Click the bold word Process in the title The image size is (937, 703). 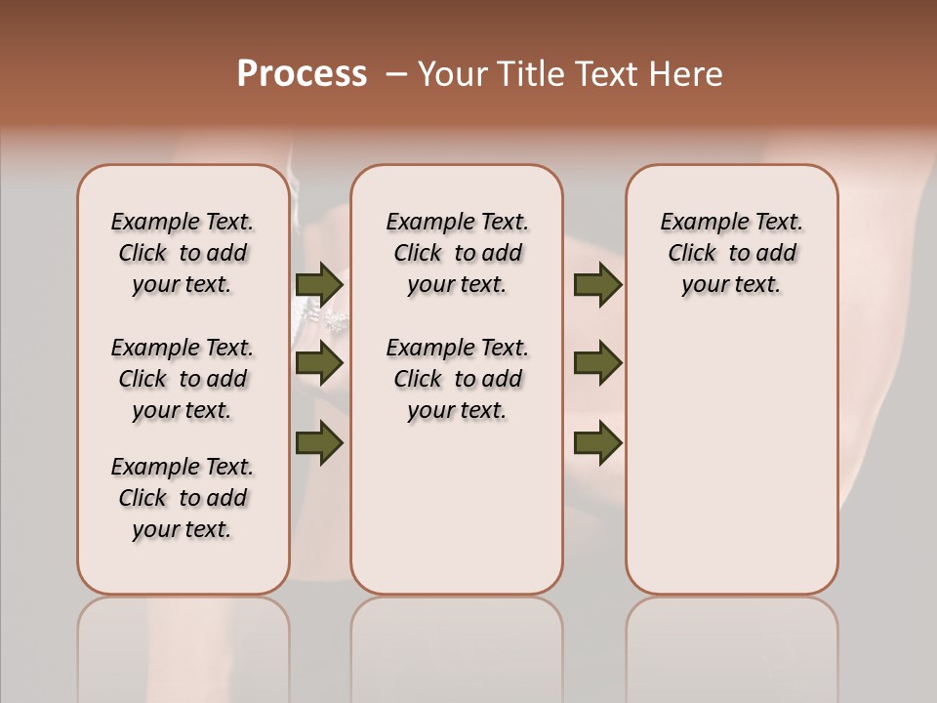click(302, 74)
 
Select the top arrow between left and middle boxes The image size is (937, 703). click(319, 285)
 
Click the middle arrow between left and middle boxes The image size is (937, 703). click(319, 363)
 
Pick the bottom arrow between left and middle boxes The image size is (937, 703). click(319, 442)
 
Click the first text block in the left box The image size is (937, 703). click(183, 253)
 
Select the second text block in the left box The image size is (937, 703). click(183, 379)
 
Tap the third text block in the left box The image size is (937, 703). click(183, 498)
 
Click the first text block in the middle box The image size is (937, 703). click(457, 253)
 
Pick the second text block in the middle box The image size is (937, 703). click(457, 379)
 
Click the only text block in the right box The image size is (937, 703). click(731, 253)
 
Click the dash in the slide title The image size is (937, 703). click(396, 74)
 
